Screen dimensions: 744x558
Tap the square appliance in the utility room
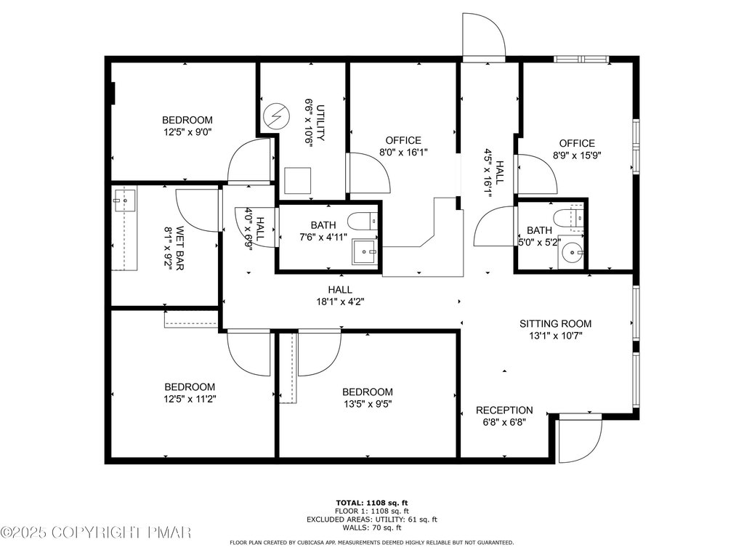[x=297, y=180]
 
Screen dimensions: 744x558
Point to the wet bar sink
[x=125, y=201]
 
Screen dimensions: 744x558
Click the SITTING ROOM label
[x=555, y=323]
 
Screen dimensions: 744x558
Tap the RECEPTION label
[x=504, y=410]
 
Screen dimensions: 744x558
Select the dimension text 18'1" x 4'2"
[x=340, y=302]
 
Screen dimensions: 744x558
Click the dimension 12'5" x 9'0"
[x=187, y=132]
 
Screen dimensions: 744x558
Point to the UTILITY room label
[x=320, y=123]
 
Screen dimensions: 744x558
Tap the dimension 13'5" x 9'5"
[x=368, y=404]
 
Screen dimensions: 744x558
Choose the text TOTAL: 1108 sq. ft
[x=371, y=503]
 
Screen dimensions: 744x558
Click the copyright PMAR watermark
[x=95, y=533]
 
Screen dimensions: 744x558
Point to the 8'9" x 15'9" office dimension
[x=577, y=155]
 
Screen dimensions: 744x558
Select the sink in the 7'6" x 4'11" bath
[x=365, y=252]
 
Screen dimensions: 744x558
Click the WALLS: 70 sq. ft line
[x=371, y=527]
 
